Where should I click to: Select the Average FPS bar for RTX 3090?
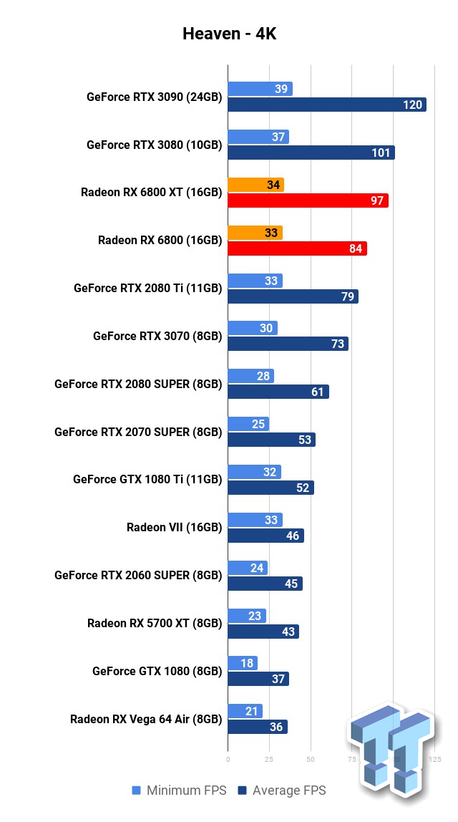[x=326, y=105]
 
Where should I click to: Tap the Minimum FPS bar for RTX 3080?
[x=258, y=137]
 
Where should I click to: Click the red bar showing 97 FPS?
[x=308, y=200]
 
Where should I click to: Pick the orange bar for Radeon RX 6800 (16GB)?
[x=255, y=233]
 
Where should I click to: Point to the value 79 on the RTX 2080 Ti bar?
[x=348, y=296]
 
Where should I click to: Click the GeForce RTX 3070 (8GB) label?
[x=157, y=336]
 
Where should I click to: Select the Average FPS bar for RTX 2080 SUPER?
[x=278, y=392]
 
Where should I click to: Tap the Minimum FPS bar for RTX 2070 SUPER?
[x=248, y=424]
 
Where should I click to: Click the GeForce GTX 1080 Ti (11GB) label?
[x=147, y=480]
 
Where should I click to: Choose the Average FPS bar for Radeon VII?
[x=265, y=535]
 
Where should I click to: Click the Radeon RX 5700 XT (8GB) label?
[x=155, y=623]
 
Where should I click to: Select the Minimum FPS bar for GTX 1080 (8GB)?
[x=243, y=663]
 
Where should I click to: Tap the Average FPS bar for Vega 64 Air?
[x=258, y=727]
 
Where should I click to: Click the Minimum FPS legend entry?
[x=179, y=790]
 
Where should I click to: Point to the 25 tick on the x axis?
[x=269, y=758]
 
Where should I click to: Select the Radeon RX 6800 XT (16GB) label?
[x=151, y=193]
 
